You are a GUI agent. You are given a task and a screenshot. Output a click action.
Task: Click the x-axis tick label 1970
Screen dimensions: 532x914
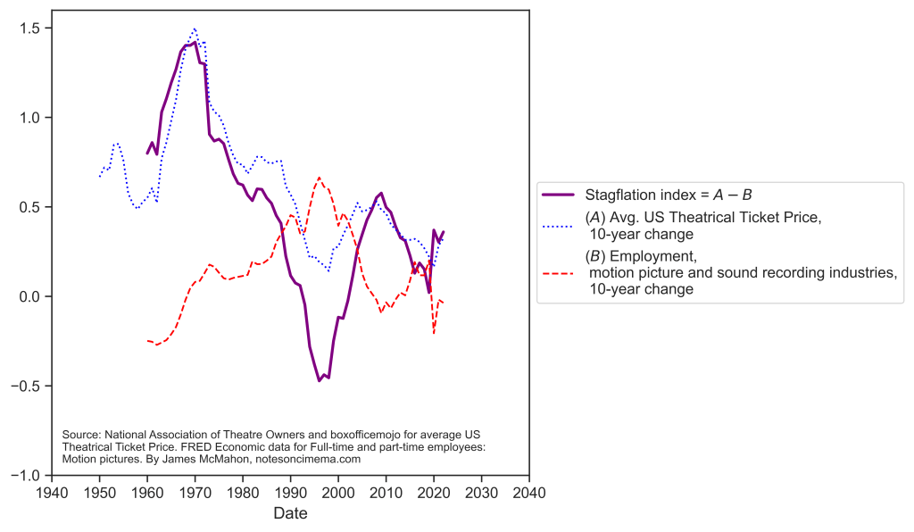(195, 492)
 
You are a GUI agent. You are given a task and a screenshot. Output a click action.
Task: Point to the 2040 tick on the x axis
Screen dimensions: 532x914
(529, 492)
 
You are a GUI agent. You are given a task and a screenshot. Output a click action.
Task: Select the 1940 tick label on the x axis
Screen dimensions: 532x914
(52, 492)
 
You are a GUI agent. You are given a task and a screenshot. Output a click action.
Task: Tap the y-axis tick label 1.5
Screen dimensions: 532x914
(29, 29)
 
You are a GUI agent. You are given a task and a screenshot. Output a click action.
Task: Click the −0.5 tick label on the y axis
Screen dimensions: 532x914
(25, 386)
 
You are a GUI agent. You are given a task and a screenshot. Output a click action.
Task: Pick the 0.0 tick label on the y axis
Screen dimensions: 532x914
(29, 296)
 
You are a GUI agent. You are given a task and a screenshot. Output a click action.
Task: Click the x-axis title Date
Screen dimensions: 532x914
(291, 514)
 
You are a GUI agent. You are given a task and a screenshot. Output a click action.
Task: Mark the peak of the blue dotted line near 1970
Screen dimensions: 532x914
(195, 29)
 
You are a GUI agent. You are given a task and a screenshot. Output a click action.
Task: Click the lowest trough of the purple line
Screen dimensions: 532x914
(319, 381)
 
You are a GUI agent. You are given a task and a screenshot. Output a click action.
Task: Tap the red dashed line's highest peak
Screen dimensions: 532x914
(319, 178)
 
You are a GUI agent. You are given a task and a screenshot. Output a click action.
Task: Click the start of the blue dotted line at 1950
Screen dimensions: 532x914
(99, 177)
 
